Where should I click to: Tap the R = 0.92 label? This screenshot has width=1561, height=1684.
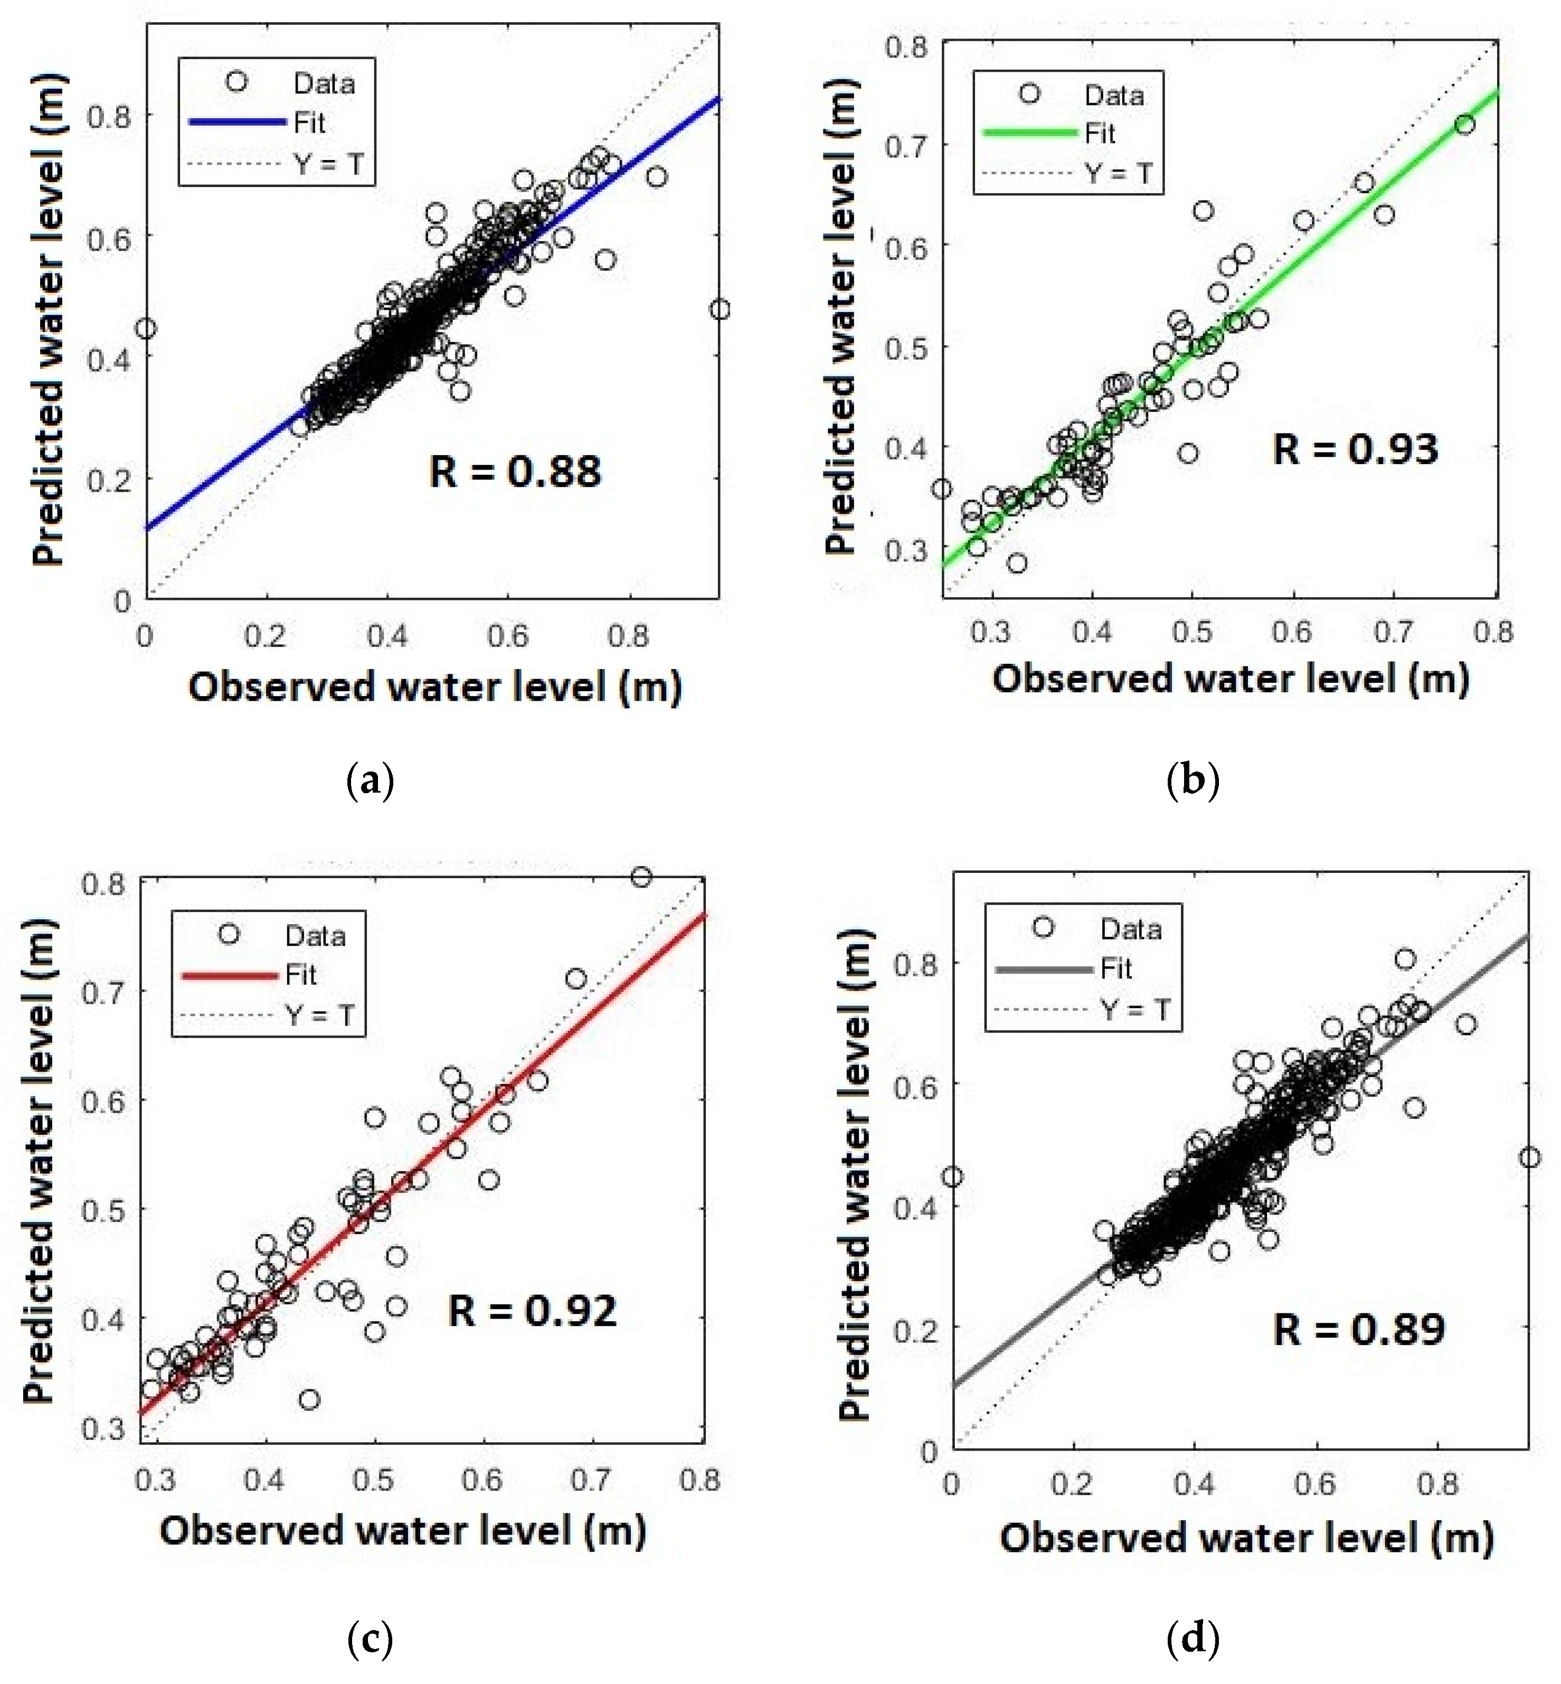click(x=532, y=1311)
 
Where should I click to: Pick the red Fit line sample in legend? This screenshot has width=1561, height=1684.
click(x=230, y=975)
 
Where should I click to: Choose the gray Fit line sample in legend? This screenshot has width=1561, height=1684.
click(x=1044, y=969)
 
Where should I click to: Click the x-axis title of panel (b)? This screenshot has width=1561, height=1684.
click(x=1231, y=679)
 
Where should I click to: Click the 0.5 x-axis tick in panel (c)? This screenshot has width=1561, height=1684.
click(x=373, y=1480)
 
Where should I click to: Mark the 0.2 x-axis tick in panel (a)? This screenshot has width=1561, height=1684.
click(x=265, y=636)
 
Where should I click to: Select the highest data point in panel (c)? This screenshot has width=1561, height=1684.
click(x=642, y=877)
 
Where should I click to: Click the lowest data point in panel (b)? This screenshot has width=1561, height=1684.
click(x=1017, y=563)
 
